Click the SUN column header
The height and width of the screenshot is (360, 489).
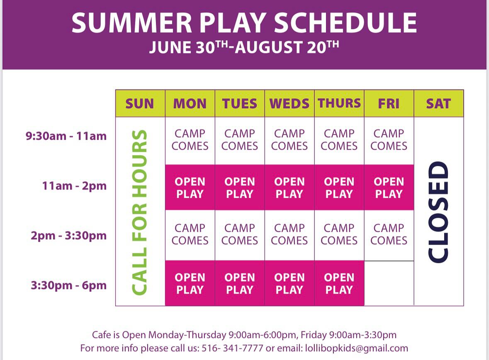coord(140,104)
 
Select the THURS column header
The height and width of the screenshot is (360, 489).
coord(339,104)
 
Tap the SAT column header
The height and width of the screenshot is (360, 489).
coord(439,104)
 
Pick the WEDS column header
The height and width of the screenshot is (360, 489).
coord(290,104)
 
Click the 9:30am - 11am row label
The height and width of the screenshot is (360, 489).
coord(66,136)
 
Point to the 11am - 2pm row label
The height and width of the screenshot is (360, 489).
coord(74,186)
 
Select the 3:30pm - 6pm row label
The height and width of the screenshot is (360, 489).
coord(68,285)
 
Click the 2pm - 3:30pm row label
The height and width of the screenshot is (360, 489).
coord(68,236)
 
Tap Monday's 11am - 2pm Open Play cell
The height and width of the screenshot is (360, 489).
coord(190,187)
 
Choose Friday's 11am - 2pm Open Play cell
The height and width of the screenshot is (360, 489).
coord(389,187)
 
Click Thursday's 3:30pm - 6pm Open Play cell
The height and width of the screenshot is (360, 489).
coord(339,283)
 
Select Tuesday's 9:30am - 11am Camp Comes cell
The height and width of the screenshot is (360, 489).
coord(240,140)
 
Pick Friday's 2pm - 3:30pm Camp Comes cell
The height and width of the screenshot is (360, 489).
coord(389,235)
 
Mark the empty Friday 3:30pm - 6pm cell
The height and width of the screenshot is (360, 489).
coord(389,283)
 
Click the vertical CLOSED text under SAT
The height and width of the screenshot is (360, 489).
coord(438,212)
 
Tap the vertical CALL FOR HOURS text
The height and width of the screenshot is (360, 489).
coord(139,212)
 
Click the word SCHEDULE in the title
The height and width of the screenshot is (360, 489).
coord(345,23)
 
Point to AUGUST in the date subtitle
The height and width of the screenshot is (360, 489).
coord(268,47)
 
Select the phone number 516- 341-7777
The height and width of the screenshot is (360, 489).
coord(232,348)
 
